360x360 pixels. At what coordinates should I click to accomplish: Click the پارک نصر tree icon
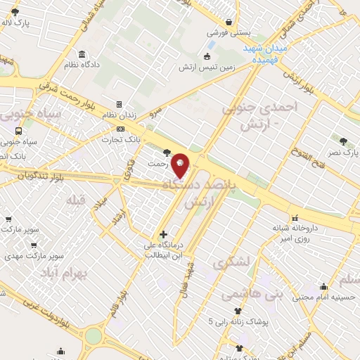pos(343,141)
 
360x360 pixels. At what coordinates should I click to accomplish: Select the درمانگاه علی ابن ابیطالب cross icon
pos(163,234)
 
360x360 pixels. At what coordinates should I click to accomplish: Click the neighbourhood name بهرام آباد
pos(63,271)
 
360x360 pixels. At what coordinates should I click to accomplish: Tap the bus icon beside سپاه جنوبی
pos(18,130)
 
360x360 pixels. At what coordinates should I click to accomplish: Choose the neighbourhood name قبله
pos(75,200)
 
